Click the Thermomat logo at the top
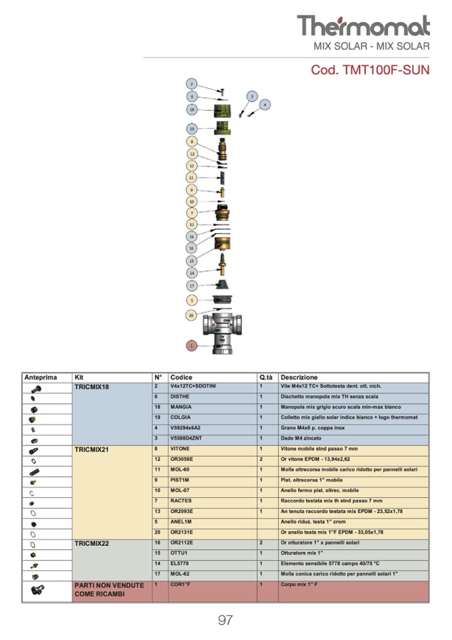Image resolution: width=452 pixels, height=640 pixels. (363, 26)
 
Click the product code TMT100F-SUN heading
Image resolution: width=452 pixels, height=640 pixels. (370, 69)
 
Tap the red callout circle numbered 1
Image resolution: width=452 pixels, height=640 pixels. (192, 346)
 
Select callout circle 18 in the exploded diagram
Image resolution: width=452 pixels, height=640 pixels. (192, 109)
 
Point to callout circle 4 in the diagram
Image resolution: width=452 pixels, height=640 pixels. (265, 105)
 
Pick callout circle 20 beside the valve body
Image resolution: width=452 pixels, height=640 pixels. (191, 314)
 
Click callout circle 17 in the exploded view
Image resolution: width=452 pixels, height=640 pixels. (192, 286)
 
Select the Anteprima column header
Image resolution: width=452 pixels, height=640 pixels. (41, 378)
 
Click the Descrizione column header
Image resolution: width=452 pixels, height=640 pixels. (299, 378)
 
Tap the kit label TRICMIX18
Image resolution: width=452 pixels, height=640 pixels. (92, 387)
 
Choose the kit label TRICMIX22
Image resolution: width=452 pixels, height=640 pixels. (92, 543)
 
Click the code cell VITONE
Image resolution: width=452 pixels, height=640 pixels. (180, 449)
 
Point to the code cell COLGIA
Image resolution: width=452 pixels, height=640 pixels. (181, 418)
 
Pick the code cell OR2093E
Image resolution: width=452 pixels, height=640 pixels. (183, 512)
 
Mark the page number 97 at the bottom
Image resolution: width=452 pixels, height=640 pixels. (225, 620)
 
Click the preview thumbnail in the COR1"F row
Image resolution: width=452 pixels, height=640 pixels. (37, 590)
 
